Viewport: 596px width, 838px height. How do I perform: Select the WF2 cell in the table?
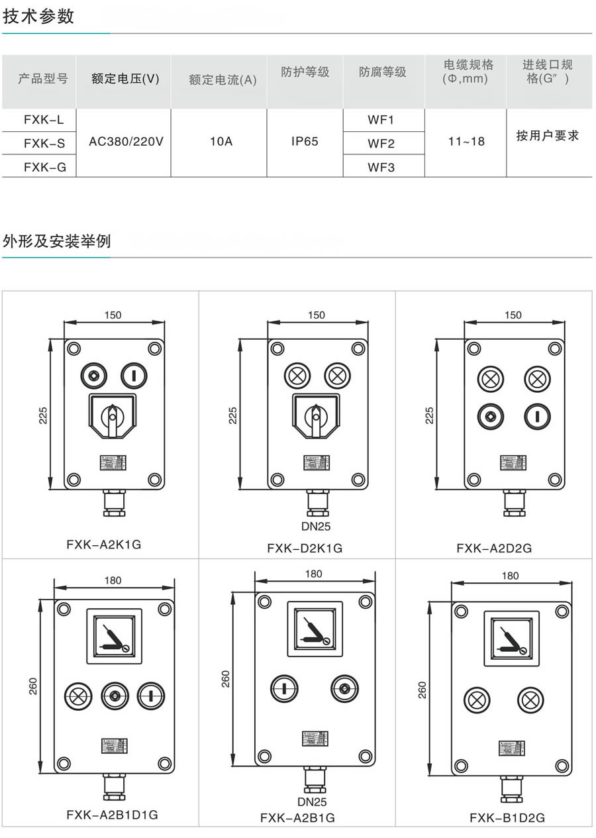pos(381,143)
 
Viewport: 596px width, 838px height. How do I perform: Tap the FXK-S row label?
pos(44,142)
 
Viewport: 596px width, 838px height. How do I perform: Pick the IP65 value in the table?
pos(305,142)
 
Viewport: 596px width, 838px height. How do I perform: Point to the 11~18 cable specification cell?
pos(466,141)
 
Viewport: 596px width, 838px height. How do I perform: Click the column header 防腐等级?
pos(383,72)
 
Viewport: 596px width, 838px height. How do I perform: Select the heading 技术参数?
pos(39,17)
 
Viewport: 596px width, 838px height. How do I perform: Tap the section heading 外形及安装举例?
pos(57,240)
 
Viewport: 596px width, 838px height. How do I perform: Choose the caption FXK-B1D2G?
pos(507,817)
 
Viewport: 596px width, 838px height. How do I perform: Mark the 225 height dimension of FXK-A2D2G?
pos(429,415)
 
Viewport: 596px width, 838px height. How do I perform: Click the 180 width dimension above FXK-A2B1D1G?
pos(113,580)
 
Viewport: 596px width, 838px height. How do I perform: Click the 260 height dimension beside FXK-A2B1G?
pos(225,678)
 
